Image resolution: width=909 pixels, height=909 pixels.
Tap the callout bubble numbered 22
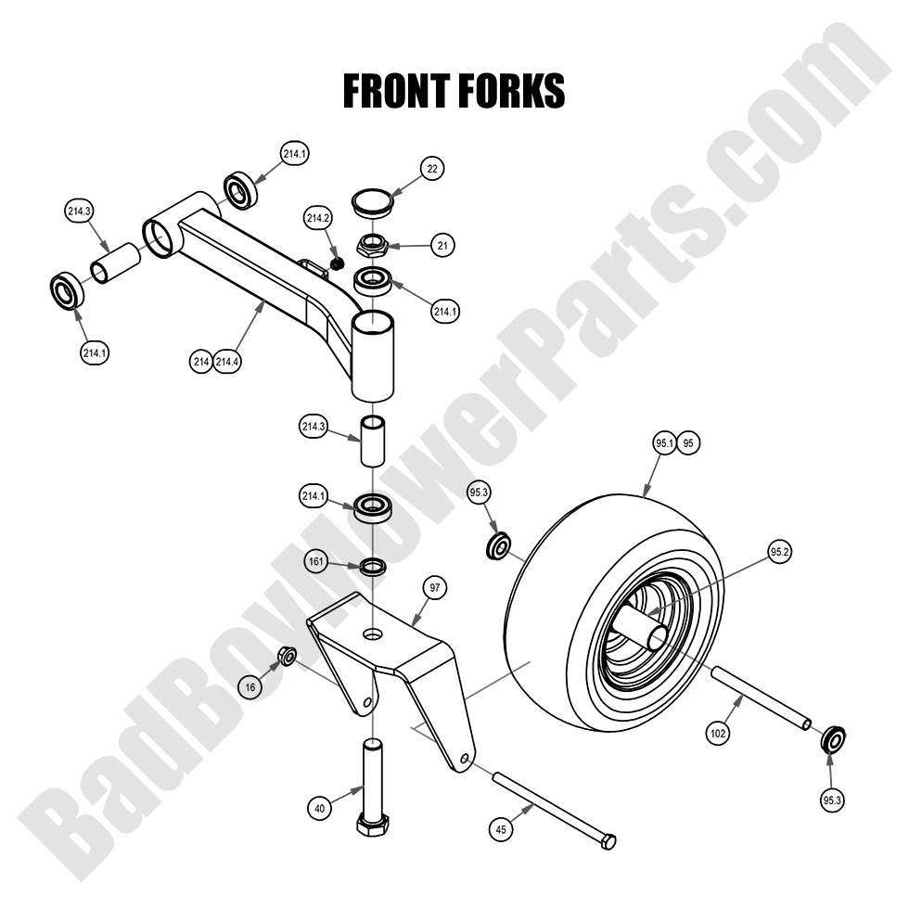431,168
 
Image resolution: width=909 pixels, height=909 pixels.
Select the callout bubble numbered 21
442,245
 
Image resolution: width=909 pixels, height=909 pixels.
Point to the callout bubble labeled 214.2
318,219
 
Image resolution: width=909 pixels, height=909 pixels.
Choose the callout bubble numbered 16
248,687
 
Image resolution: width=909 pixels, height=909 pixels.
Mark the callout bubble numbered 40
319,808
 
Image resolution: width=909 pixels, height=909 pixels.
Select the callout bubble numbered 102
717,733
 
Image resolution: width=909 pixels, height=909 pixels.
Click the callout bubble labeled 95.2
779,552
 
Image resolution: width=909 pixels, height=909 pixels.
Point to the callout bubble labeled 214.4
228,362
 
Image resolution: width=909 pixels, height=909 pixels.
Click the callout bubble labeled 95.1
663,444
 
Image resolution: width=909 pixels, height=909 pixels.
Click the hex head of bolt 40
373,825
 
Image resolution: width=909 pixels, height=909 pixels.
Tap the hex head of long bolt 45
608,842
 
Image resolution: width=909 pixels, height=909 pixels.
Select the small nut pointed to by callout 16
288,658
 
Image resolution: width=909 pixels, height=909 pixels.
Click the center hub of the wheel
649,635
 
